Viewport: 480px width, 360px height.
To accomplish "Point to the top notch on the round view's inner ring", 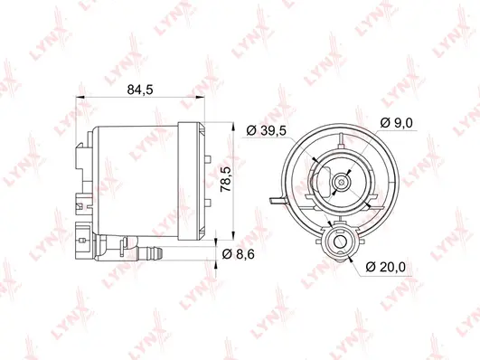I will click(339, 137).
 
